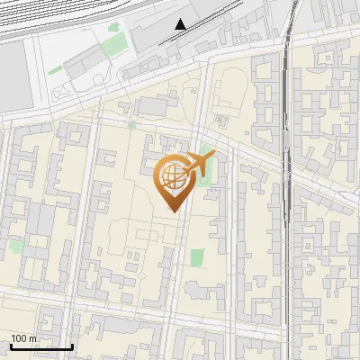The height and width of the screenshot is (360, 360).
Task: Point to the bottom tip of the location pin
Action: (172, 211)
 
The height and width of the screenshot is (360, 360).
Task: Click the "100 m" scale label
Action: (24, 338)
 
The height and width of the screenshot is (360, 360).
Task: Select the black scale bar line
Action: (41, 346)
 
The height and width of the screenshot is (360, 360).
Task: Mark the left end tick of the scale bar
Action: (11, 346)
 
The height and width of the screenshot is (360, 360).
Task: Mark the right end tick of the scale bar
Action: (72, 346)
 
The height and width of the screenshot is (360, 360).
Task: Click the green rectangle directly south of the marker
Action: (197, 256)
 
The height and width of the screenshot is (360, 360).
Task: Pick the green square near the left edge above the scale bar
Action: (16, 247)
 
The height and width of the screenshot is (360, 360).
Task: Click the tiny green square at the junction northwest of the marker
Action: (132, 125)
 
